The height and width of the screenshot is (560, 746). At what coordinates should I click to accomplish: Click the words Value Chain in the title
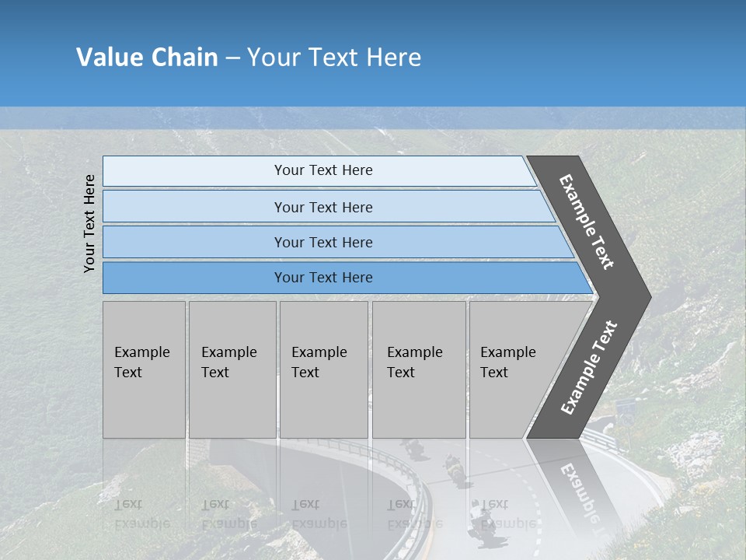click(x=147, y=58)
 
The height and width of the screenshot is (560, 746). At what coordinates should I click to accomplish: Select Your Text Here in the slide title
click(x=334, y=58)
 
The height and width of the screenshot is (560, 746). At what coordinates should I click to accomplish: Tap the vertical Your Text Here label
click(x=89, y=224)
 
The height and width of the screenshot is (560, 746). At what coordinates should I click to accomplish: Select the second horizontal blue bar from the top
click(x=322, y=207)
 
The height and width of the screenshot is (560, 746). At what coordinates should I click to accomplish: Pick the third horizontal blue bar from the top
click(x=322, y=243)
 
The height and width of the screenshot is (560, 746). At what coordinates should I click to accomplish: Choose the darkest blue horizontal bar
click(x=322, y=278)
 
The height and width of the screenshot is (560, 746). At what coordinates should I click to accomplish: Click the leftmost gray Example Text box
click(x=144, y=369)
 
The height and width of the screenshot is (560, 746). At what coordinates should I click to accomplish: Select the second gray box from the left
click(x=232, y=369)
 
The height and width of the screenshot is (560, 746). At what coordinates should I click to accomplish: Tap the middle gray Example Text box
click(x=323, y=369)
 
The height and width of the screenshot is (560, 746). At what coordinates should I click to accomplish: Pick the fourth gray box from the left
click(x=418, y=369)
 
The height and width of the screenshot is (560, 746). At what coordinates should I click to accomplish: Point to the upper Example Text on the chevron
click(x=587, y=222)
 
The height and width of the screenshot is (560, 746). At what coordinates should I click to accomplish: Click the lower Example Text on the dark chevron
click(x=588, y=368)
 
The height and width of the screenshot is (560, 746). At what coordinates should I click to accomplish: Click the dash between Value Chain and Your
click(x=233, y=58)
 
